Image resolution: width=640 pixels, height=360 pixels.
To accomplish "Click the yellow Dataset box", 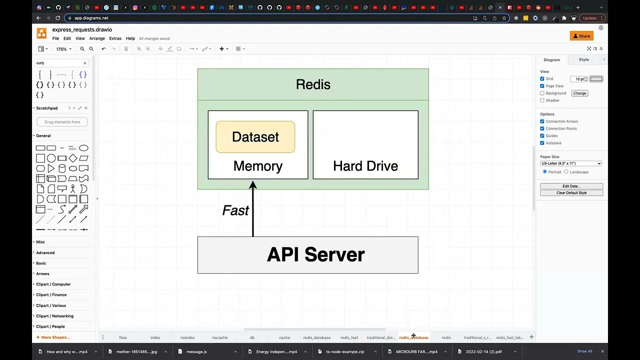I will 255,137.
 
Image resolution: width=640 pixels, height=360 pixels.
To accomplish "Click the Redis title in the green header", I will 313,84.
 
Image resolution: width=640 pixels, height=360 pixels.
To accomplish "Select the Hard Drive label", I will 365,166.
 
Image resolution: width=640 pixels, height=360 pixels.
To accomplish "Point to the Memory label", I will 258,166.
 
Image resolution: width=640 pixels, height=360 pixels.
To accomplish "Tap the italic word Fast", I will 235,210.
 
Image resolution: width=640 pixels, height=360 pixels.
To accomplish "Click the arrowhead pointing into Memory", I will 253,185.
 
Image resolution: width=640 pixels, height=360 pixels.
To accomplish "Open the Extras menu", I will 115,38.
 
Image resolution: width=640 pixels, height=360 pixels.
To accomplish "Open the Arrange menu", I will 97,38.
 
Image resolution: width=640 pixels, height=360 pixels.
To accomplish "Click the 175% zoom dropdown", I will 63,49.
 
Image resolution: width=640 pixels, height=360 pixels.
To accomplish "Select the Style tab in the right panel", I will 583,59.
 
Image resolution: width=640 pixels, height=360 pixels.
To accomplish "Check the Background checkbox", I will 542,93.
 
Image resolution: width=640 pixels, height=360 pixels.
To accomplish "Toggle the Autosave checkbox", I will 542,143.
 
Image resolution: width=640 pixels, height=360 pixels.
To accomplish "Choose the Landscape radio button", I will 566,172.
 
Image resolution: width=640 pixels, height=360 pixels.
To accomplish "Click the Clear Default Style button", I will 571,193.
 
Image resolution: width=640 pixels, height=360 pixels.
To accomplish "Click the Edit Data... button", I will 571,186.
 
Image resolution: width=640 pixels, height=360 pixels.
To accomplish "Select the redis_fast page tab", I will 349,337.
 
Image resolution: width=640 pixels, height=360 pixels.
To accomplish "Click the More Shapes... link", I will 55,337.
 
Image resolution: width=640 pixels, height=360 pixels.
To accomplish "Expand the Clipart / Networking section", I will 54,316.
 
